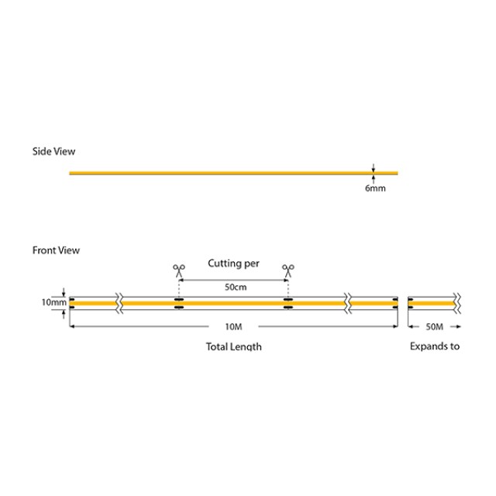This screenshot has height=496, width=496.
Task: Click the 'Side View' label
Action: pyautogui.click(x=53, y=151)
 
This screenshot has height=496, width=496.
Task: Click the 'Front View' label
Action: pyautogui.click(x=56, y=250)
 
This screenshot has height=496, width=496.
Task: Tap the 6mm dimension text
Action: pyautogui.click(x=374, y=188)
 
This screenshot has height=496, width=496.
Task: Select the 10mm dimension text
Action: pyautogui.click(x=53, y=302)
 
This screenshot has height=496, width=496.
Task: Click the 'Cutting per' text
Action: pyautogui.click(x=233, y=263)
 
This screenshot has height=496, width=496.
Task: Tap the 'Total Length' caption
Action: pyautogui.click(x=233, y=346)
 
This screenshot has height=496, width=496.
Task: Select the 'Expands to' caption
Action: pyautogui.click(x=434, y=346)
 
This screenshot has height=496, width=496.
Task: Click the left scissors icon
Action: pyautogui.click(x=179, y=270)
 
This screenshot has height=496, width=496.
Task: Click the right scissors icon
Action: pyautogui.click(x=288, y=270)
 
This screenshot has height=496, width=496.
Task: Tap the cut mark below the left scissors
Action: pyautogui.click(x=179, y=303)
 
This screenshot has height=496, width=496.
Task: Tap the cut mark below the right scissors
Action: pyautogui.click(x=288, y=303)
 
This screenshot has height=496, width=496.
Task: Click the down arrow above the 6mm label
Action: pyautogui.click(x=373, y=167)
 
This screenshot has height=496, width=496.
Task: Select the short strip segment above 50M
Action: pyautogui.click(x=431, y=303)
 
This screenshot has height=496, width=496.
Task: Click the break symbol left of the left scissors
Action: pyautogui.click(x=119, y=303)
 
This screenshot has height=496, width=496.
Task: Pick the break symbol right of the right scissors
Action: pyautogui.click(x=349, y=303)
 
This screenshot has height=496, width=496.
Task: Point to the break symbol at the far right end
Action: pyautogui.click(x=459, y=303)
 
